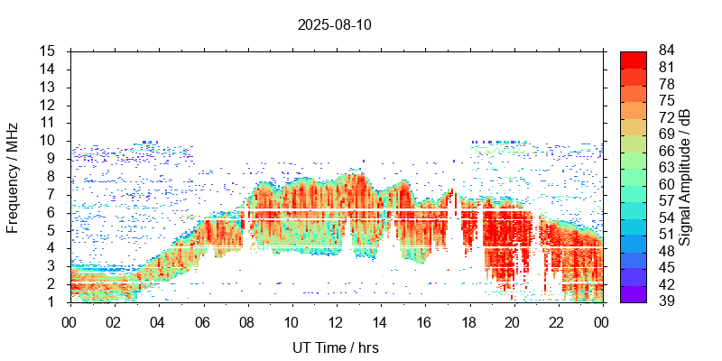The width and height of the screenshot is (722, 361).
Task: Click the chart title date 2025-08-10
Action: point(334,24)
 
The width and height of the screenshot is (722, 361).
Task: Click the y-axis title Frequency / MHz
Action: point(13,176)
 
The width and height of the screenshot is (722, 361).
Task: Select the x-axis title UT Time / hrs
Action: point(336,347)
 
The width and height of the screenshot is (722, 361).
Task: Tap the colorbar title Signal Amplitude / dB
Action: point(685,177)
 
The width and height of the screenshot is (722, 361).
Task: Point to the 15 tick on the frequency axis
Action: point(49,51)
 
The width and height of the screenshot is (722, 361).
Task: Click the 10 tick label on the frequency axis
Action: point(49,141)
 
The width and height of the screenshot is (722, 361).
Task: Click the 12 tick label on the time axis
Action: point(336,321)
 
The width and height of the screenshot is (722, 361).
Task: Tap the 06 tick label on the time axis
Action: point(203,321)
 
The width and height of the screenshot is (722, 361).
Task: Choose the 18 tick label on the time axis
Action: point(468,321)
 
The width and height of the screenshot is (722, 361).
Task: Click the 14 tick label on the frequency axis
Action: point(49,69)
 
